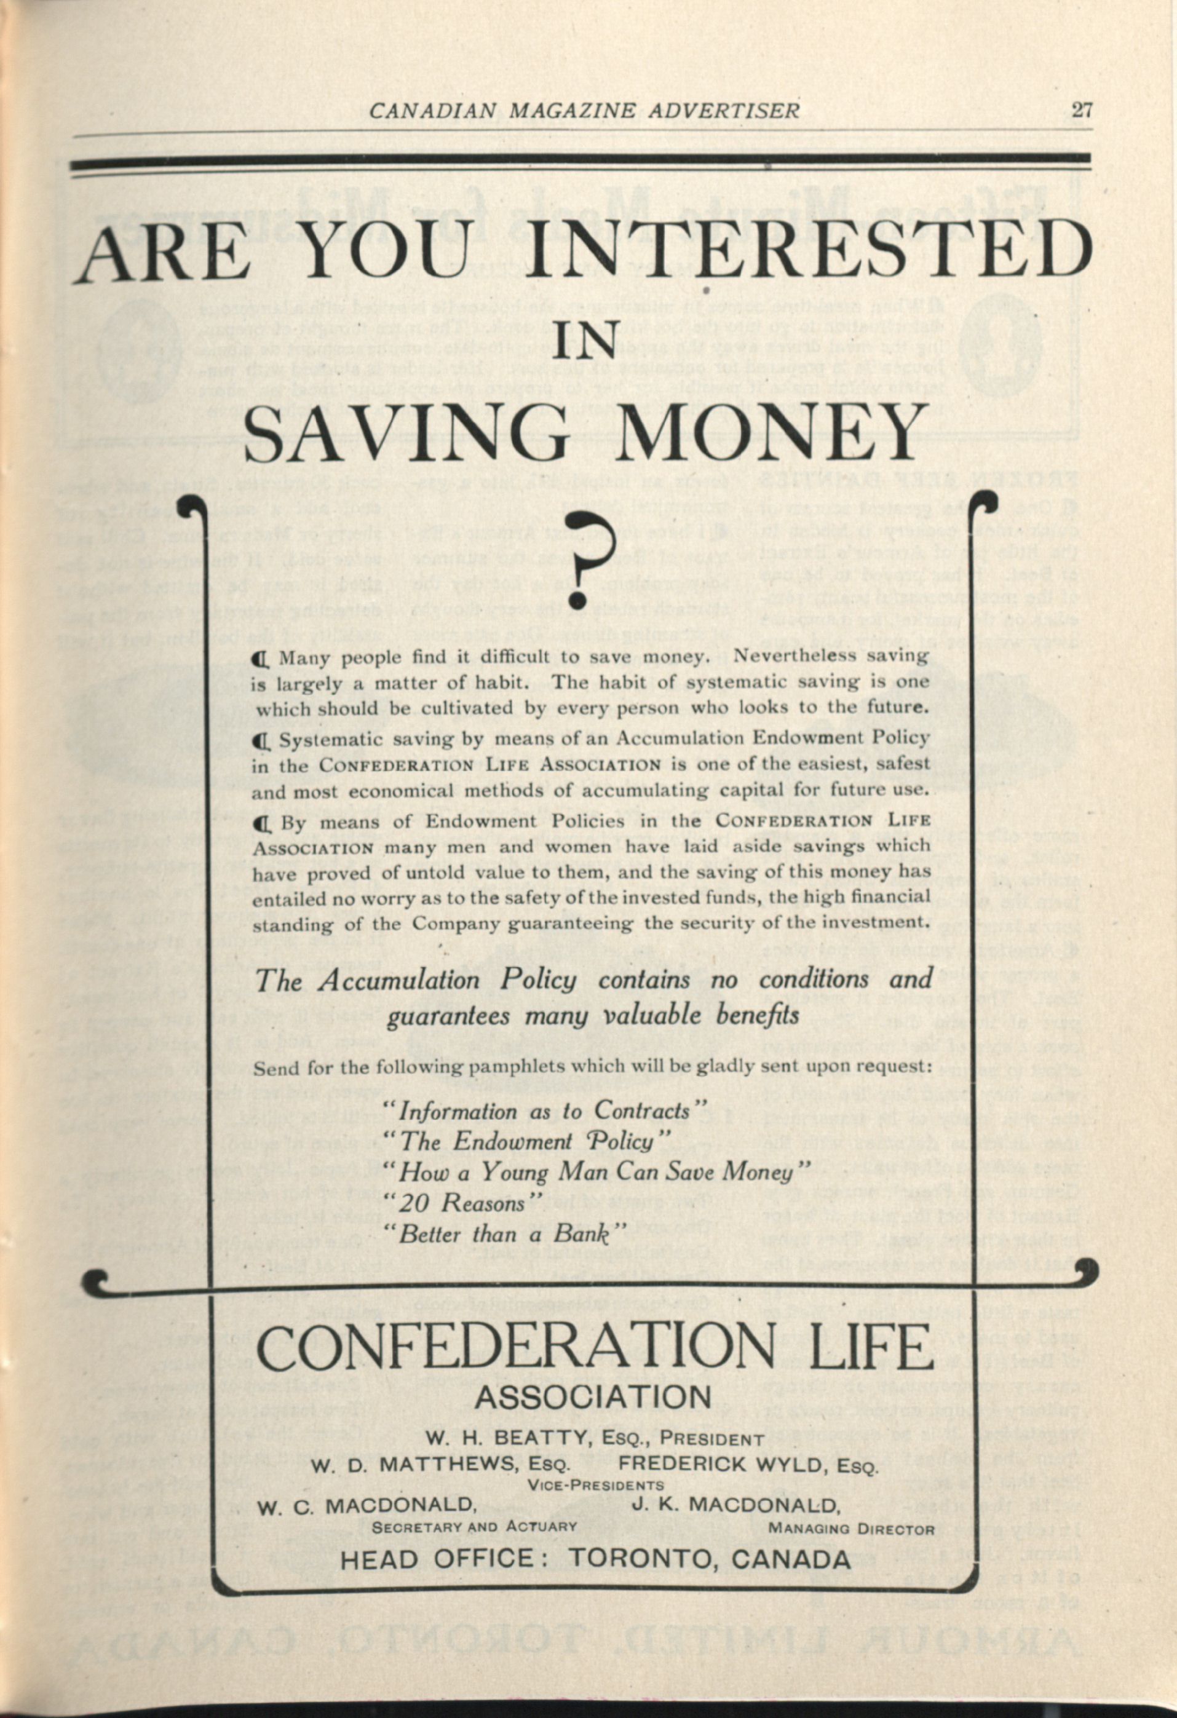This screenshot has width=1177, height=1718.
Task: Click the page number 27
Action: click(x=1081, y=110)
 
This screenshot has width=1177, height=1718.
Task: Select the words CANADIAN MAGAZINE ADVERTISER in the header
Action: click(x=584, y=111)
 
